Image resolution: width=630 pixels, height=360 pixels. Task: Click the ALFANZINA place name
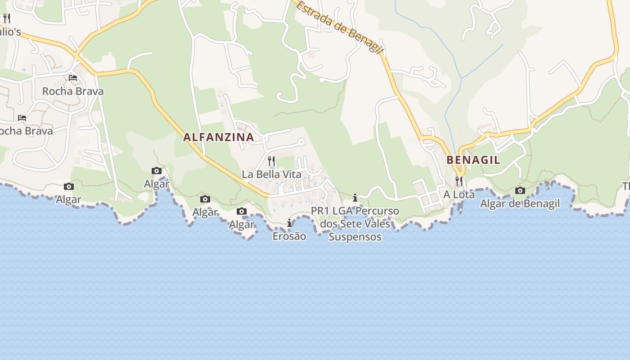tap(219, 137)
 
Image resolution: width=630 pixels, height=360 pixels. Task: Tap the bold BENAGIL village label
tap(473, 160)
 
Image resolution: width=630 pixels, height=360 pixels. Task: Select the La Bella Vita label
tap(271, 174)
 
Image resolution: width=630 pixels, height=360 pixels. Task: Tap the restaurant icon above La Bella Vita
tap(271, 161)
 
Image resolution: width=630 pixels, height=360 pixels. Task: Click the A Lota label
tap(459, 194)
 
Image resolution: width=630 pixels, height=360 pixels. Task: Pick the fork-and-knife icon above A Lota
tap(459, 181)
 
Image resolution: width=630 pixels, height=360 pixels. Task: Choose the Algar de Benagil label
tap(520, 203)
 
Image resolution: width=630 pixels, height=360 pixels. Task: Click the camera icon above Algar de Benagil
tap(520, 190)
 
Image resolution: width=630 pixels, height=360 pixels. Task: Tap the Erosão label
tap(289, 236)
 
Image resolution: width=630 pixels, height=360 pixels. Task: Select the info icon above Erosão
tap(289, 223)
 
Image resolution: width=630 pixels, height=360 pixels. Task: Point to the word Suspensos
tap(355, 237)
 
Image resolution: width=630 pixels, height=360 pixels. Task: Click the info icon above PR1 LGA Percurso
tap(355, 198)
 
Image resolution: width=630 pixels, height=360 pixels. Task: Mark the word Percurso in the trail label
tap(377, 211)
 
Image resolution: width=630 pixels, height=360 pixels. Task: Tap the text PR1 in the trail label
tap(320, 211)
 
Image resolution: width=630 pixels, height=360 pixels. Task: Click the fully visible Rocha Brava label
tap(73, 91)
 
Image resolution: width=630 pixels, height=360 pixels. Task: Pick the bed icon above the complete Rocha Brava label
tap(73, 78)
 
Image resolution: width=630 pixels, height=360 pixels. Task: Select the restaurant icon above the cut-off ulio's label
tap(7, 18)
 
